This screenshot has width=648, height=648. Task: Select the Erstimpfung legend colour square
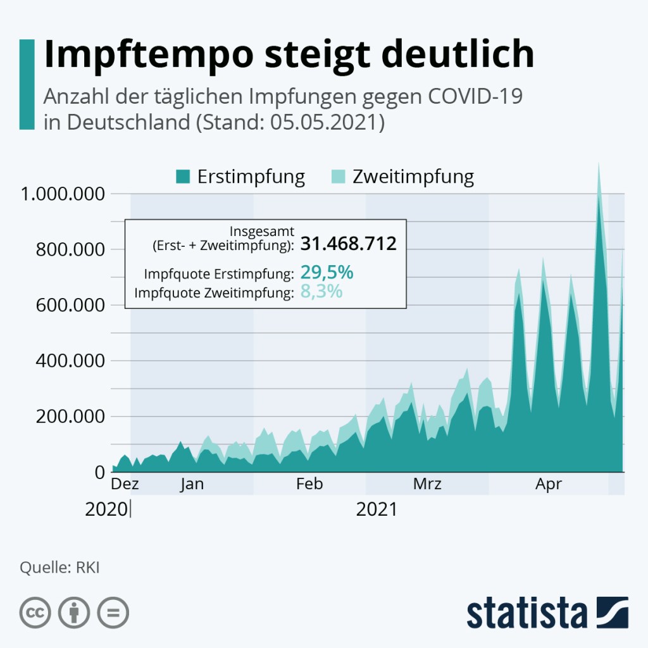click(x=183, y=177)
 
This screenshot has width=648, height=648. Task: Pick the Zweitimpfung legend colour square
click(x=339, y=177)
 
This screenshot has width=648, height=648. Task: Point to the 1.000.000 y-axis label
click(x=62, y=194)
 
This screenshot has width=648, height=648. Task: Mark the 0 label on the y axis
click(x=99, y=472)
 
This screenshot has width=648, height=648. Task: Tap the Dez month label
click(x=125, y=485)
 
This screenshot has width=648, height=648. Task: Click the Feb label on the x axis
click(x=309, y=485)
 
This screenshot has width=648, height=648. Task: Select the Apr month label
click(x=549, y=485)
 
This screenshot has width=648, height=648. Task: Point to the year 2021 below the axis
click(x=377, y=509)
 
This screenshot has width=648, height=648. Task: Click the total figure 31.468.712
click(x=348, y=244)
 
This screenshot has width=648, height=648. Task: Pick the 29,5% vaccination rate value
click(x=327, y=273)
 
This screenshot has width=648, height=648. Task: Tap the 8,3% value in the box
click(x=321, y=292)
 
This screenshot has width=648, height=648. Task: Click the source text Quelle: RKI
click(x=59, y=567)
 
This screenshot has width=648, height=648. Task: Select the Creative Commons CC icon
click(x=36, y=612)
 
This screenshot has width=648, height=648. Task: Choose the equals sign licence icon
click(x=113, y=612)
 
